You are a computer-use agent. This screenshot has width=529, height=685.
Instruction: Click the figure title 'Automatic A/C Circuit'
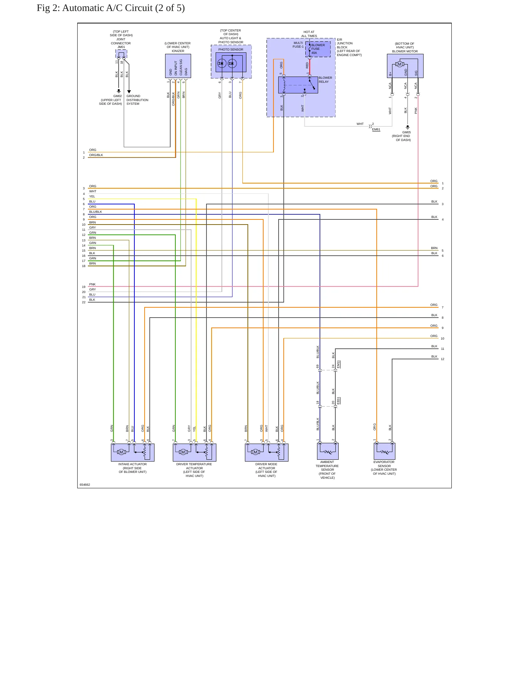107,8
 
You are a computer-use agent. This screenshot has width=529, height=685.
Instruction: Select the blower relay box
298,85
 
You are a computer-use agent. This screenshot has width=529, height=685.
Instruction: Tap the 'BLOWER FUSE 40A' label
318,49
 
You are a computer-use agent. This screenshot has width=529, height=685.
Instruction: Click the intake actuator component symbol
133,452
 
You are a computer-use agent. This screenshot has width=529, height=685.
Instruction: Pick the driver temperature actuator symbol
194,452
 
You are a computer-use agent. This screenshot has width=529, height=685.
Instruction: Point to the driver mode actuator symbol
267,452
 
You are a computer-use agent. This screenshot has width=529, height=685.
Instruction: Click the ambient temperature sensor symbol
328,451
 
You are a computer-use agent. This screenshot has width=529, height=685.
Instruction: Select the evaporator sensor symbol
384,451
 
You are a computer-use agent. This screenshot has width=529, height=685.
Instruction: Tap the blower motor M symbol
400,64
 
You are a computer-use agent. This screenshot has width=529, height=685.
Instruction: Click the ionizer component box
178,66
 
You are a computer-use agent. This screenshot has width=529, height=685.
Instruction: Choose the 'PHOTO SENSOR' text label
231,49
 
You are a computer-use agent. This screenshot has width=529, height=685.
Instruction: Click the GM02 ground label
118,96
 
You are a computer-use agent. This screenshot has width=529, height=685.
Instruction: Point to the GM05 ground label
406,132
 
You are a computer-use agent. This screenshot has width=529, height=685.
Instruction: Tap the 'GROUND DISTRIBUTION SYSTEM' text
137,100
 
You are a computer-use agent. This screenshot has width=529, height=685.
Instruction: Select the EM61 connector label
376,129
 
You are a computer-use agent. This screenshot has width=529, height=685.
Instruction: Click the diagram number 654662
85,485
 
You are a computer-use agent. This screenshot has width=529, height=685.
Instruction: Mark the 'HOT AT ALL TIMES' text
309,34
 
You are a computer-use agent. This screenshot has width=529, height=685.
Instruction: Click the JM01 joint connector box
121,54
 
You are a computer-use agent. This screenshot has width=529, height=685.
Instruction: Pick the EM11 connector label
339,364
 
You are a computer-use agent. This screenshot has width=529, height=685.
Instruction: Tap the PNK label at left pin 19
92,284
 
